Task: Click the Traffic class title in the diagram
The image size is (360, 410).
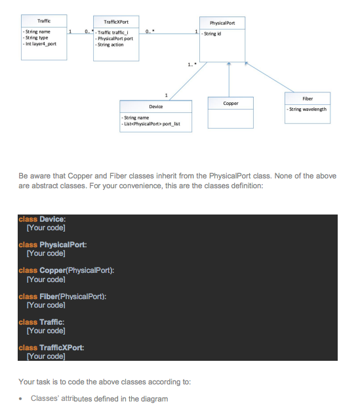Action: coord(44,22)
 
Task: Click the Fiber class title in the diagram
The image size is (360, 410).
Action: coord(308,99)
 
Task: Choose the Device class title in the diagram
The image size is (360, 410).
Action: coord(156,106)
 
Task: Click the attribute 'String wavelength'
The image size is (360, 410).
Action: coord(308,110)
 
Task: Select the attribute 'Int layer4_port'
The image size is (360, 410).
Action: coord(41,44)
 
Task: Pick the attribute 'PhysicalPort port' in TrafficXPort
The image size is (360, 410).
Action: coord(115,39)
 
